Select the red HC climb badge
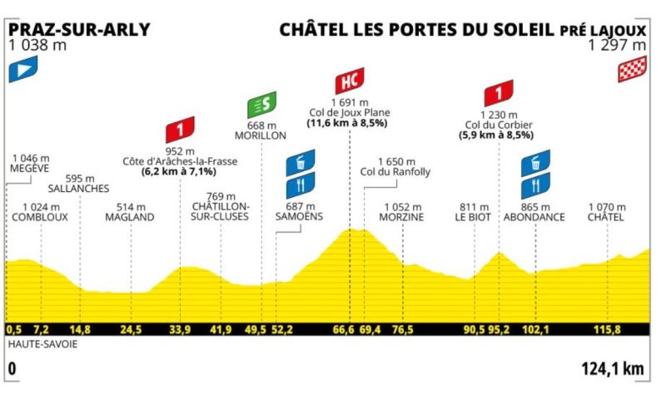click(x=350, y=81)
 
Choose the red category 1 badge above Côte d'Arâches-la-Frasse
click(x=179, y=130)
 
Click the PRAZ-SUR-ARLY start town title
click(x=79, y=29)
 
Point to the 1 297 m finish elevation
click(x=617, y=46)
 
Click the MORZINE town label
click(x=403, y=217)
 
